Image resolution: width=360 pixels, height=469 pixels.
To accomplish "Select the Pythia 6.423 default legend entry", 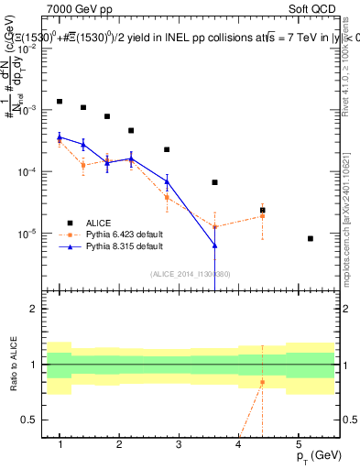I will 113,234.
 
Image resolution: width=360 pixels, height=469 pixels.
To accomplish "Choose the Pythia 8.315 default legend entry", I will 113,246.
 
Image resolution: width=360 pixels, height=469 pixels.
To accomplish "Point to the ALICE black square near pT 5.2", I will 311,238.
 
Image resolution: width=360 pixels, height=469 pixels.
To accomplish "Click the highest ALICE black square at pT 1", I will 60,102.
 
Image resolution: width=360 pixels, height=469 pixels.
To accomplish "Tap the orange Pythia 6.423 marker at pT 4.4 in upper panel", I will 262,216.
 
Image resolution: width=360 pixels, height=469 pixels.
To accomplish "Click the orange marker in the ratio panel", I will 262,382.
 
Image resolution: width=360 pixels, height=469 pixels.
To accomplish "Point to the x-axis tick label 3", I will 179,444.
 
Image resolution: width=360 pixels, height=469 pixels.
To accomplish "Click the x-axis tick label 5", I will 298,444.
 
